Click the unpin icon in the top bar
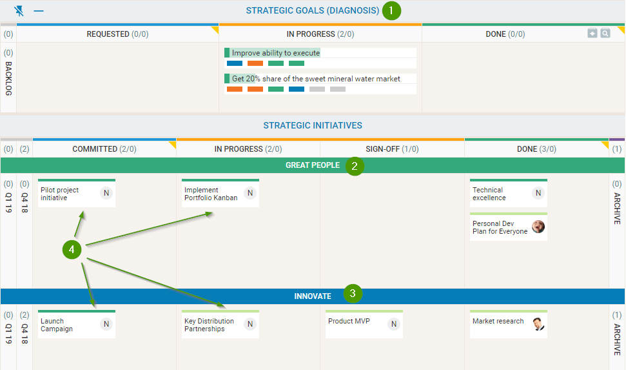[x=19, y=11]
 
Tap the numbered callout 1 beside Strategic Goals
[x=391, y=10]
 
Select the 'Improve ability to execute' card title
[x=276, y=53]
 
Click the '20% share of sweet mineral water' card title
[x=316, y=79]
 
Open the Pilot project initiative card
[x=77, y=193]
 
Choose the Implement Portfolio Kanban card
[x=220, y=193]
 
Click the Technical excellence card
[x=509, y=193]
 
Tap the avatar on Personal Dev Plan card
[x=538, y=227]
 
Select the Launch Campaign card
[x=77, y=324]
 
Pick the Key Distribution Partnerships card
[x=220, y=324]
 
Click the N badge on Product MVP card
[x=394, y=324]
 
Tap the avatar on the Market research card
[x=538, y=324]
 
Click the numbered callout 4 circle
[x=72, y=250]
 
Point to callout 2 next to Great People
[x=355, y=166]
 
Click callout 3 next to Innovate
[x=353, y=294]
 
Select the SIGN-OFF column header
[x=392, y=149]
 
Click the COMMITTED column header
[x=104, y=149]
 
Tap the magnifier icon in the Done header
[x=605, y=33]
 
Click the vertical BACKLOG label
[x=8, y=78]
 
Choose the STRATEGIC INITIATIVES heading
[x=313, y=126]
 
